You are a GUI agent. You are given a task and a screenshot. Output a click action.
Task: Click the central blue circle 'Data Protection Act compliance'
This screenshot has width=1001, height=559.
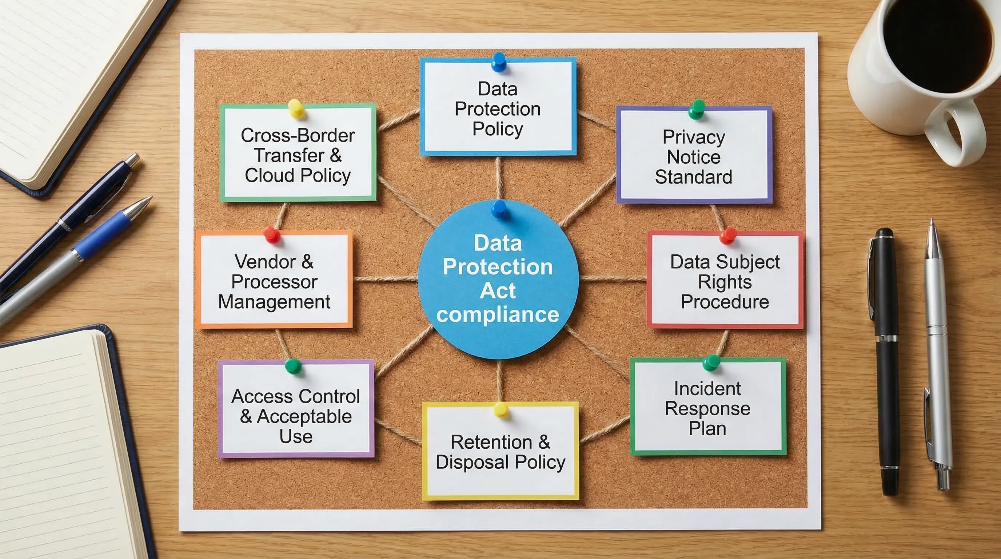tap(498, 280)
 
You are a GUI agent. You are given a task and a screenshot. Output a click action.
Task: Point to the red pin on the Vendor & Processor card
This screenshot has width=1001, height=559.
tap(271, 234)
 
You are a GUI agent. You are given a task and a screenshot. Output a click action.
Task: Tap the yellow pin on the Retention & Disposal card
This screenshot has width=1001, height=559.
tap(500, 409)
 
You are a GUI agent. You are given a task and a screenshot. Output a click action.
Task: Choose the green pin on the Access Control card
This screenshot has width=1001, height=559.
tap(293, 366)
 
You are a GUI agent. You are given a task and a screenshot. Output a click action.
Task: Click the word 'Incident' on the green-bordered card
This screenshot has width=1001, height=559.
tap(707, 388)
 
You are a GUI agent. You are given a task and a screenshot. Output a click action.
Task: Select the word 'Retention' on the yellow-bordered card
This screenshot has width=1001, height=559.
tap(491, 442)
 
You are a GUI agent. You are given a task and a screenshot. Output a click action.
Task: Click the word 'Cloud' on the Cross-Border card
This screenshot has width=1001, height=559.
tap(270, 175)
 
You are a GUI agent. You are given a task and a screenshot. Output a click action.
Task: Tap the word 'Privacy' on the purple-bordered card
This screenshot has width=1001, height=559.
tap(694, 137)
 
